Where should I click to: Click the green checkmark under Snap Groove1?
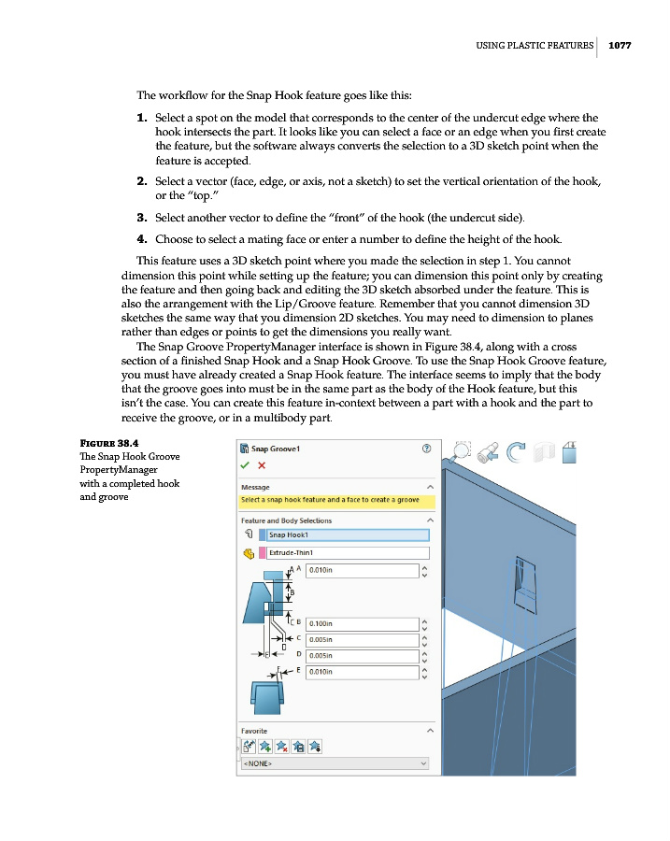pos(245,464)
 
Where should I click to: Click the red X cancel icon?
pos(262,464)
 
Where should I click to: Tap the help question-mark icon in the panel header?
pos(426,449)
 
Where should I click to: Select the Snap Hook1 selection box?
pos(347,535)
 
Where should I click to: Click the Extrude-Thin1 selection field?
pos(347,553)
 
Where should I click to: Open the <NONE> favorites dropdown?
pos(335,763)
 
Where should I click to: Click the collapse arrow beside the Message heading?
pos(430,487)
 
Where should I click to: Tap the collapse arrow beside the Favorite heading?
pos(430,730)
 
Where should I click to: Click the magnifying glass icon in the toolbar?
pos(460,452)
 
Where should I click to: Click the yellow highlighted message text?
pos(330,500)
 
